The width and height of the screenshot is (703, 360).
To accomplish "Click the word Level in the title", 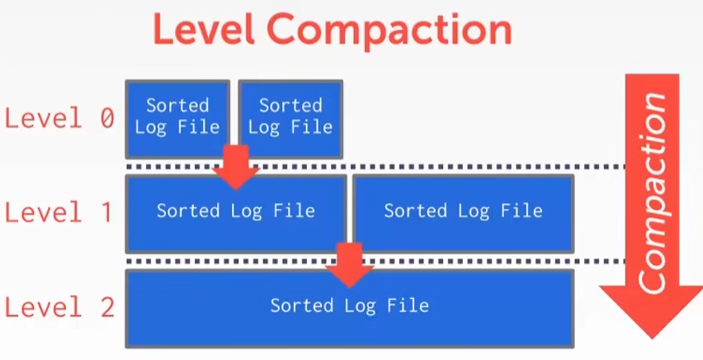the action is [x=204, y=29].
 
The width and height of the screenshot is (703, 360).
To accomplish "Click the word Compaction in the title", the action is [x=389, y=31].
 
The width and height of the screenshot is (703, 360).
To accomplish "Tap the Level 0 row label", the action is [x=59, y=119].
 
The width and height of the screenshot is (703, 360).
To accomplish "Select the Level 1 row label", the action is [x=59, y=212].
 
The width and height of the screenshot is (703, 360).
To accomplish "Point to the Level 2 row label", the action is [x=59, y=307].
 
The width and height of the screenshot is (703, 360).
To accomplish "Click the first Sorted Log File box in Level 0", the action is [x=177, y=119].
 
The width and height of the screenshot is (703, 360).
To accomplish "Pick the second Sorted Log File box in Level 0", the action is [x=290, y=119].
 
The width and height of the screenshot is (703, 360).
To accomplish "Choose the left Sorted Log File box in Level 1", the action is [x=236, y=214].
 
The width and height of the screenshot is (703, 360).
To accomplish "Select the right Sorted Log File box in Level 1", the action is [x=463, y=214].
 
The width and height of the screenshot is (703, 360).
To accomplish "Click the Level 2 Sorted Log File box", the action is [x=350, y=308].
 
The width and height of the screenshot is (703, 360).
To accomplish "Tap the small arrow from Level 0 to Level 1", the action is [x=236, y=167].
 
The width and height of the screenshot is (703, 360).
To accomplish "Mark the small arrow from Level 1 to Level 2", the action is [x=350, y=265].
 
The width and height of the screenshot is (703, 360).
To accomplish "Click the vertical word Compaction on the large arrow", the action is [x=653, y=193].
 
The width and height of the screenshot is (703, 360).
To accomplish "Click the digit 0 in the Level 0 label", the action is [x=107, y=120].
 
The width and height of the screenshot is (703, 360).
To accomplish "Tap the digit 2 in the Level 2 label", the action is [x=107, y=307].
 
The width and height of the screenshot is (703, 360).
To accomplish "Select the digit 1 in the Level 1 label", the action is [x=106, y=212].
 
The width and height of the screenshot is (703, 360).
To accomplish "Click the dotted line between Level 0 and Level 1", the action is [x=375, y=167].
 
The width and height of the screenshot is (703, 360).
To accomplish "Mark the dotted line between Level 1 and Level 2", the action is [x=375, y=261].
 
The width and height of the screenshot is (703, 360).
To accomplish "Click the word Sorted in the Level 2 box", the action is [x=302, y=306].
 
